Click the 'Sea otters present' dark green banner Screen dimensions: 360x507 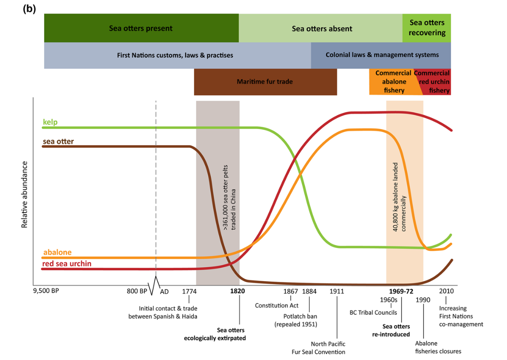(x=141, y=28)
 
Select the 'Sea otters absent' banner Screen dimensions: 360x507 (x=321, y=29)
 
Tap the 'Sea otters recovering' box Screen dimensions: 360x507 (x=427, y=27)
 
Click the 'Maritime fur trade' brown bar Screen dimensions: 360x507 (x=265, y=82)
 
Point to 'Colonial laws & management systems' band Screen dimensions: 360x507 (x=382, y=55)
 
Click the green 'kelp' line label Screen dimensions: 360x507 (x=50, y=122)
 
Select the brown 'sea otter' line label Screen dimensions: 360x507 (x=58, y=141)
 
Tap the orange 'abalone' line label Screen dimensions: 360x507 (x=57, y=252)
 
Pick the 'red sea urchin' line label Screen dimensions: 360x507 (x=67, y=264)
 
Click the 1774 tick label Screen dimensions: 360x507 (x=189, y=291)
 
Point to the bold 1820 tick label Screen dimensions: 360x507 (x=238, y=291)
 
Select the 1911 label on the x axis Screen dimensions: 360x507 (x=337, y=291)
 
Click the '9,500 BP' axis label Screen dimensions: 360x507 (x=46, y=291)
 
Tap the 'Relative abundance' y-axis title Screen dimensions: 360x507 (x=24, y=194)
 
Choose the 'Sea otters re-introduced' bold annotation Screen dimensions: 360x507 (x=396, y=330)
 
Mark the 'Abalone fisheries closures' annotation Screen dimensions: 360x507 (x=438, y=347)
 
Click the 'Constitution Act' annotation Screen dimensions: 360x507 (x=277, y=305)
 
